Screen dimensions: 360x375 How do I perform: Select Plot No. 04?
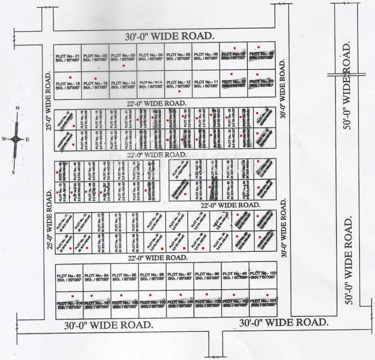coord(151,58)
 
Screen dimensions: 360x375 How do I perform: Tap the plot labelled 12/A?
coord(151,84)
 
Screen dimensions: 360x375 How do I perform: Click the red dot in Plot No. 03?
coord(123,66)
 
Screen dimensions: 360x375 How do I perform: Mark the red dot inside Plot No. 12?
coord(179,91)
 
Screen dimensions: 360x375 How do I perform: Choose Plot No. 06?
coord(206,57)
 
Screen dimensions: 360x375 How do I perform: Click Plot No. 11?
coord(206,84)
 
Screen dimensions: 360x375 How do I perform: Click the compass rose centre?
coord(15,139)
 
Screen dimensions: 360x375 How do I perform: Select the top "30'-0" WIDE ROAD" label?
coord(169,36)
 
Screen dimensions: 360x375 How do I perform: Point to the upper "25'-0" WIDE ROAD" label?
coord(48,99)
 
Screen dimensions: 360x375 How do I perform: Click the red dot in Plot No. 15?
coord(96,78)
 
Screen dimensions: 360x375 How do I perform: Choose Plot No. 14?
coord(123,85)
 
